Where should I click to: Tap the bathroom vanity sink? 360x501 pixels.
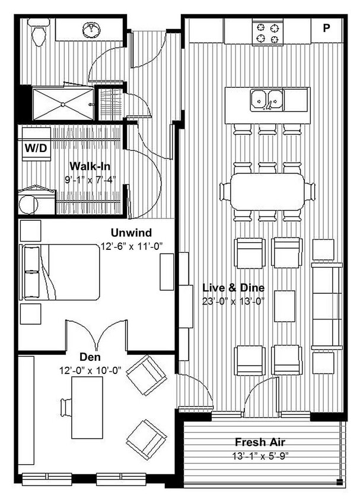91,28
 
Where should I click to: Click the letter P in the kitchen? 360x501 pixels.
326,28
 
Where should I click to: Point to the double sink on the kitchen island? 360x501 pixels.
267,100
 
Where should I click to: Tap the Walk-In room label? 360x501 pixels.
90,166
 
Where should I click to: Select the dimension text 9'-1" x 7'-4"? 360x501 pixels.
90,178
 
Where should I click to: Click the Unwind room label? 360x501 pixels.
131,232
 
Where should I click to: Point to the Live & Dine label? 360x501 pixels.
233,288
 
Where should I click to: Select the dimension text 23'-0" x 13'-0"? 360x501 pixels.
233,300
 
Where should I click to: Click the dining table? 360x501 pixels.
267,191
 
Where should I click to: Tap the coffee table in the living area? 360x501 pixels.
285,306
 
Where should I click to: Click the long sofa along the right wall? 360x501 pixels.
327,306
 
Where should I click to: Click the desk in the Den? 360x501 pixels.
82,407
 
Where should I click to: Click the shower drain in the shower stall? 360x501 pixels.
63,104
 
